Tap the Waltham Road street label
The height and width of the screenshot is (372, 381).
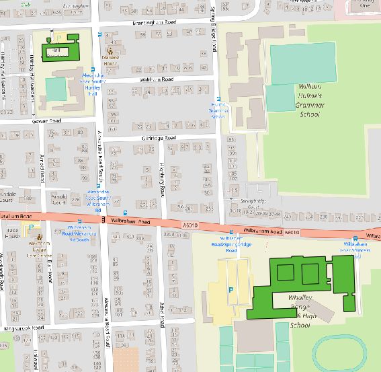pos(159,79)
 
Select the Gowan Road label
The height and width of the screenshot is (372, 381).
pos(46,121)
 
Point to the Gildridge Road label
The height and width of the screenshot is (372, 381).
pos(158,138)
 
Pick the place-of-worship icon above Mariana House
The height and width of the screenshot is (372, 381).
pos(111,49)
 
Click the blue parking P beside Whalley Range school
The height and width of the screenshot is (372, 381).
pos(232,290)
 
